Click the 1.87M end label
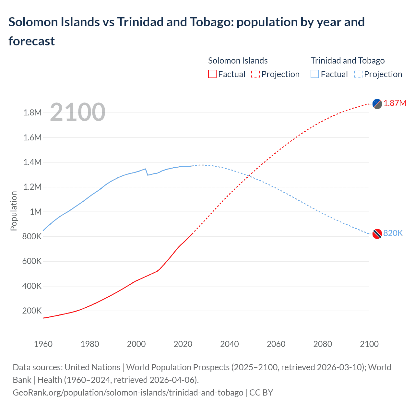pyautogui.click(x=395, y=103)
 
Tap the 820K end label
pyautogui.click(x=393, y=233)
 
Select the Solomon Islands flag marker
pyautogui.click(x=377, y=104)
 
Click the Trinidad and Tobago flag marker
pyautogui.click(x=377, y=234)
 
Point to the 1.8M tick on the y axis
pyautogui.click(x=32, y=113)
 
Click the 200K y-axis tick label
pyautogui.click(x=32, y=311)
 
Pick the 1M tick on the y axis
pyautogui.click(x=36, y=212)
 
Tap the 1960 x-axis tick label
pyautogui.click(x=43, y=344)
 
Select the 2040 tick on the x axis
pyautogui.click(x=230, y=344)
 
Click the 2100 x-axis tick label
pyautogui.click(x=369, y=344)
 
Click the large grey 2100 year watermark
pyautogui.click(x=77, y=112)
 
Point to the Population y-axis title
pyautogui.click(x=14, y=211)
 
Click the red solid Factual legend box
pyautogui.click(x=212, y=74)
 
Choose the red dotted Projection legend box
pyautogui.click(x=255, y=74)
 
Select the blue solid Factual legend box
pyautogui.click(x=315, y=74)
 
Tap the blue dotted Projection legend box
pyautogui.click(x=358, y=74)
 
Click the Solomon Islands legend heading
pyautogui.click(x=238, y=61)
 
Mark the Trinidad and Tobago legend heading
pyautogui.click(x=348, y=61)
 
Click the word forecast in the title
pyautogui.click(x=32, y=41)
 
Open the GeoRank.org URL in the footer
pyautogui.click(x=128, y=393)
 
